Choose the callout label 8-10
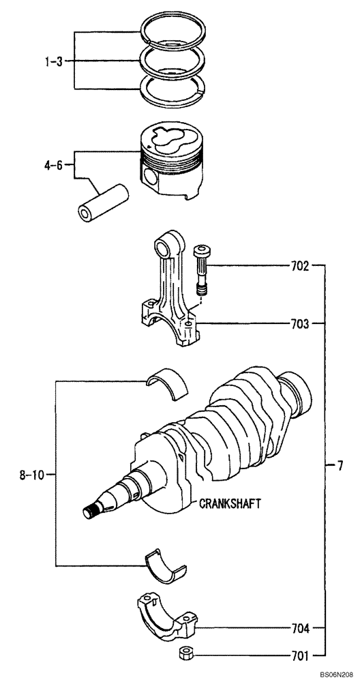tap(32, 474)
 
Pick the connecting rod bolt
tap(202, 269)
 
